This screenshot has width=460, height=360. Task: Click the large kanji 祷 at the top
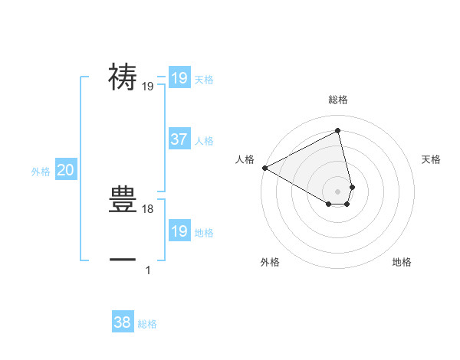tap(123, 77)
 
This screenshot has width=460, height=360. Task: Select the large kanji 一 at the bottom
tap(123, 260)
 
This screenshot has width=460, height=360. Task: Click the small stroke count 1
tap(148, 270)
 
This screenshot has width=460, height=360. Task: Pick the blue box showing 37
tap(179, 139)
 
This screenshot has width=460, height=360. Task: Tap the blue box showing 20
tap(66, 171)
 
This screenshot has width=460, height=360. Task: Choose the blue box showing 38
tap(123, 322)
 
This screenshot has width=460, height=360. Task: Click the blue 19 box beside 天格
tap(179, 78)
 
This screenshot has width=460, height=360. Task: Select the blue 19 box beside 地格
tap(179, 231)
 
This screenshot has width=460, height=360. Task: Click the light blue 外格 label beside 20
tap(41, 172)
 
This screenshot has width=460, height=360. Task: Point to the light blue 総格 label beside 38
tap(147, 324)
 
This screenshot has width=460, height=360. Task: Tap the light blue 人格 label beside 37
tap(204, 141)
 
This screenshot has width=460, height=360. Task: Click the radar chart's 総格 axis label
tap(338, 100)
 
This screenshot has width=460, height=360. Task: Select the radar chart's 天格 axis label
tap(431, 159)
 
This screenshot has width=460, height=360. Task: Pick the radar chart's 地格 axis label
tap(402, 262)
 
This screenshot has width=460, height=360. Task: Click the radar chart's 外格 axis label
tap(270, 262)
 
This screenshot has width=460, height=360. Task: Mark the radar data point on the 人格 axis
tap(264, 168)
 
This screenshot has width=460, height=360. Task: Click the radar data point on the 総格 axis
tap(338, 131)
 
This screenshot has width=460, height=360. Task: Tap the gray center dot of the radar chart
tap(338, 191)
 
